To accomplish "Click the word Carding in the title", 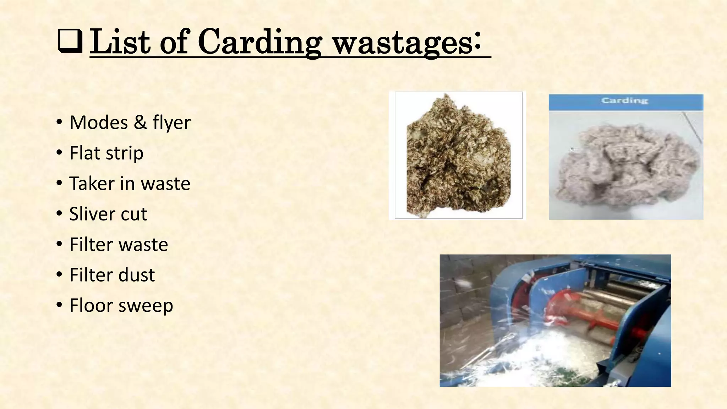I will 259,43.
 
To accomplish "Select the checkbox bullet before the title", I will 70,42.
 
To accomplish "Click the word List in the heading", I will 120,43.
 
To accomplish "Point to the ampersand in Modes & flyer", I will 141,122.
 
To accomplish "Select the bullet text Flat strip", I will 106,153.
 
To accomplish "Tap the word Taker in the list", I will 92,184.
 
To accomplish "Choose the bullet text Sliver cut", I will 108,214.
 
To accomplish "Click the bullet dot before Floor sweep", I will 59,305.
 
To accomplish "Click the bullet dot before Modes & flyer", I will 59,122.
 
